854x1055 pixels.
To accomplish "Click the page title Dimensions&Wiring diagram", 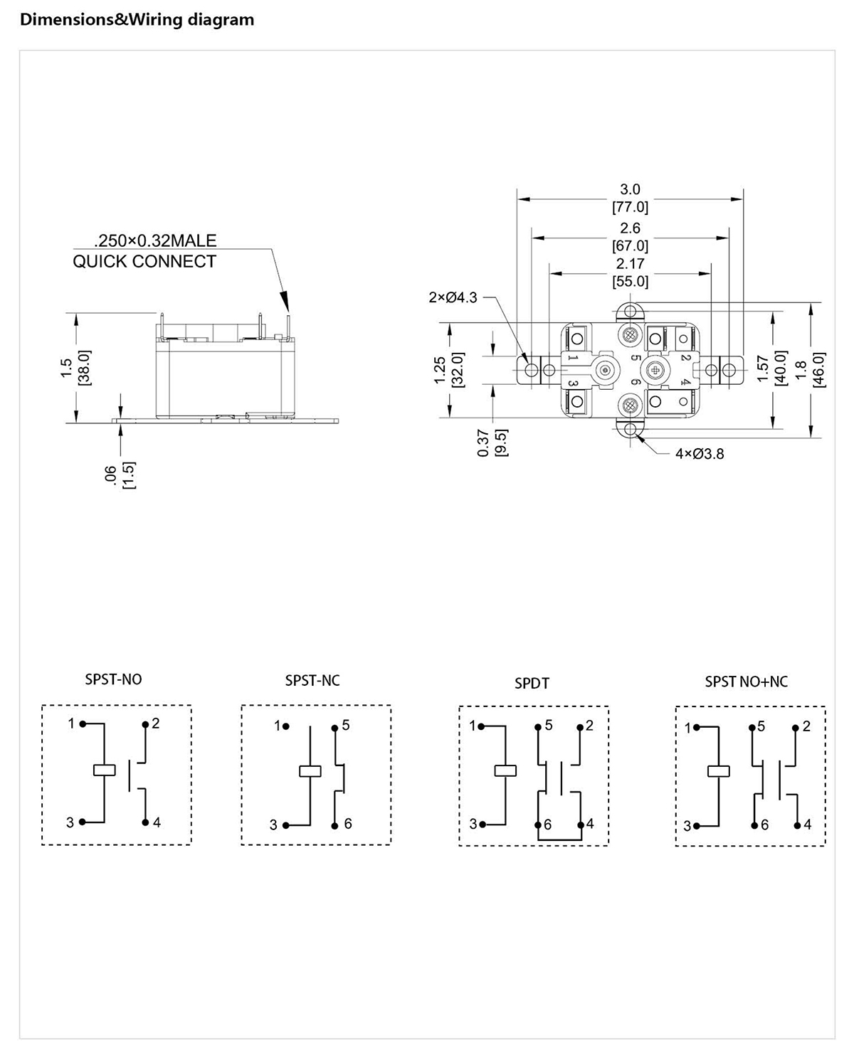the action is click(137, 20).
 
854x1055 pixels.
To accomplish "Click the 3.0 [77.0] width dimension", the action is click(630, 198).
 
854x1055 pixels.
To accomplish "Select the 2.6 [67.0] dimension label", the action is click(630, 237).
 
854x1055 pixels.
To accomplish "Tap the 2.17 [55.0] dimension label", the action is click(630, 272).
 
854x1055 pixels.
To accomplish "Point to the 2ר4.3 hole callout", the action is click(453, 297).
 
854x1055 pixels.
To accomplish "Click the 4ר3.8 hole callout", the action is click(700, 454).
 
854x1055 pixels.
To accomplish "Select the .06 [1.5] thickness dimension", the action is click(120, 475).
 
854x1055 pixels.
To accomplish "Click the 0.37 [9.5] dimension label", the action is click(492, 442).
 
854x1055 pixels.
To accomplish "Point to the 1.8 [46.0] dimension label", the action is click(810, 369).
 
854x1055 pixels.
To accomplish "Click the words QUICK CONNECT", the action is click(144, 261).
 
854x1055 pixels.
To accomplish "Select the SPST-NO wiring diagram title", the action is click(113, 679).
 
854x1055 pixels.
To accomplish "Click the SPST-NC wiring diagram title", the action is click(312, 681).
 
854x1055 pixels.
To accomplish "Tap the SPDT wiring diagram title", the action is click(532, 684).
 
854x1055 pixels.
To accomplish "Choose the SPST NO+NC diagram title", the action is click(746, 682).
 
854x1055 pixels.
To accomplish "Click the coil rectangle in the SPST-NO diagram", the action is click(105, 770).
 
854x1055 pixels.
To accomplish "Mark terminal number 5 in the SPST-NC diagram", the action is click(346, 725).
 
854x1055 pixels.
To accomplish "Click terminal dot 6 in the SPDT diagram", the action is click(538, 825).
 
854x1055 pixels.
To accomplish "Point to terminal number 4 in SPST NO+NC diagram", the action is click(808, 825).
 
